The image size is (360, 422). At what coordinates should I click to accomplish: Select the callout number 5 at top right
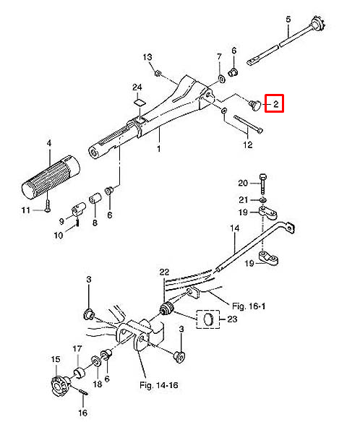point(288,18)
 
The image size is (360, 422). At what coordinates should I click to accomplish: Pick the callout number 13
point(147,56)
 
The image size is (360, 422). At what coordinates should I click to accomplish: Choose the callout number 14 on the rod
point(233,230)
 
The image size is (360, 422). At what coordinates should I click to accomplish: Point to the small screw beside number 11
point(45,207)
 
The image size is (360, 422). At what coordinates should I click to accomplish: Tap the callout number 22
point(164,271)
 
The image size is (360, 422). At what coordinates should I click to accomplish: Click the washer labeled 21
point(262,199)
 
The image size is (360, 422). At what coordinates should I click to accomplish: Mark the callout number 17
point(76,349)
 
